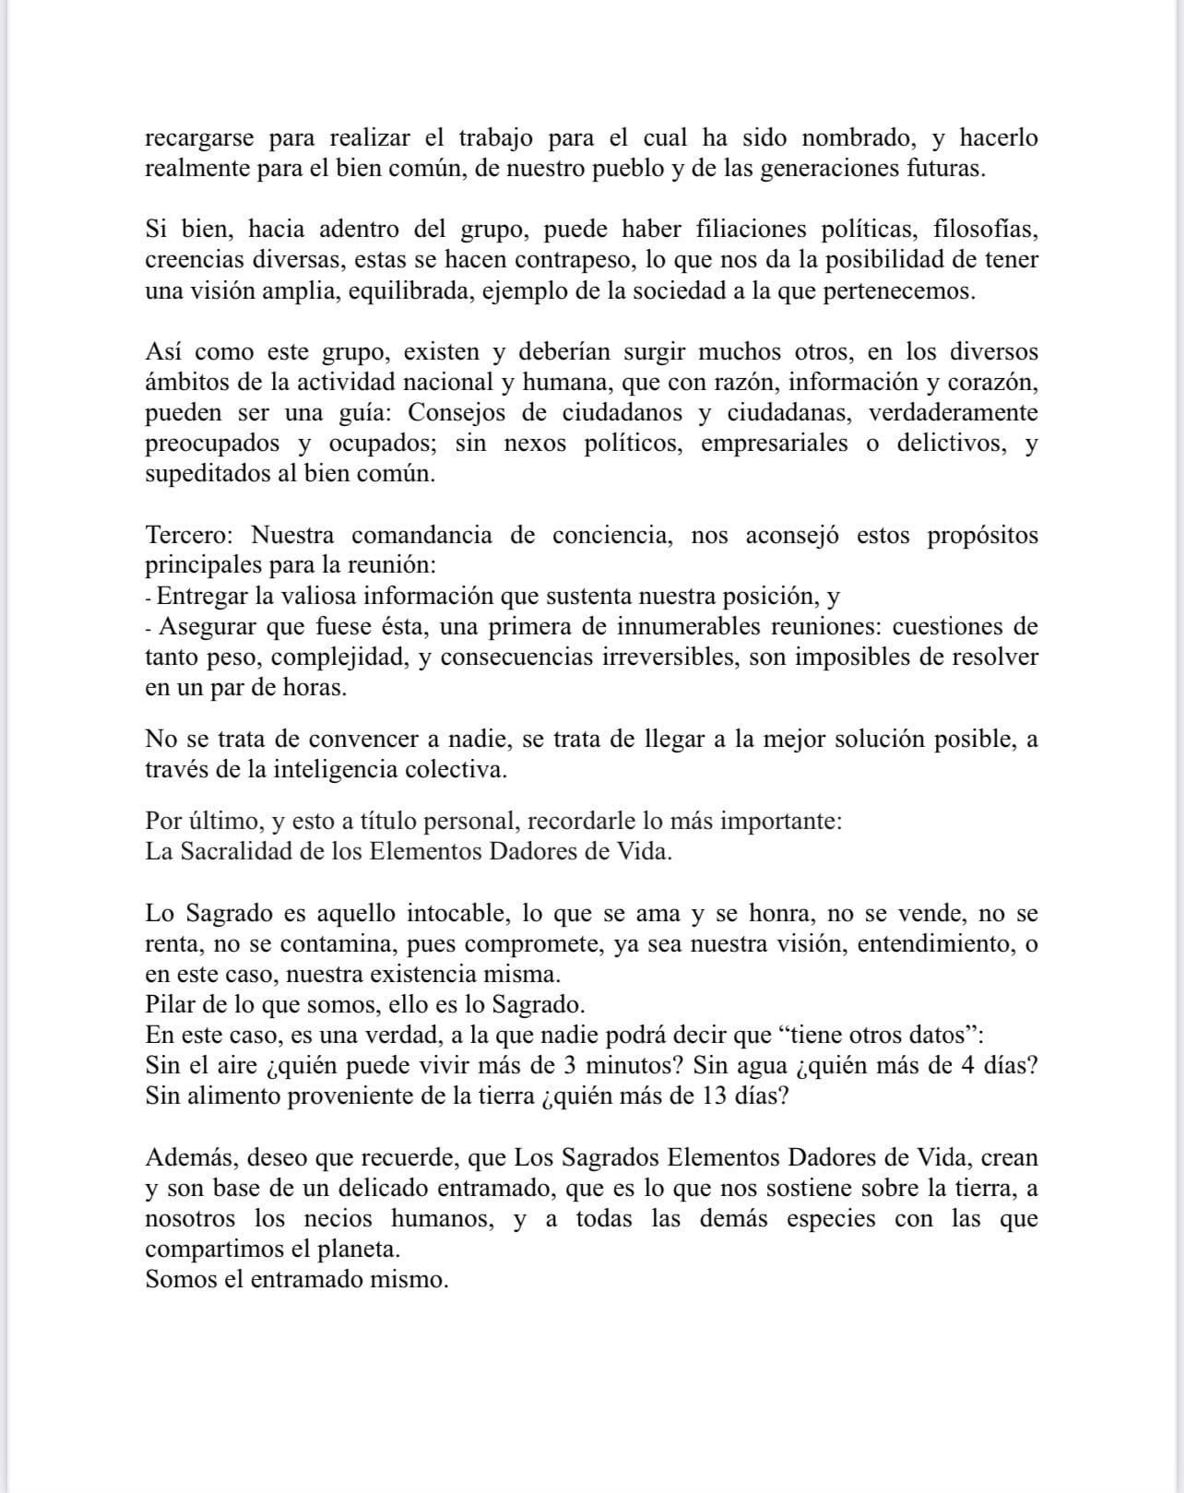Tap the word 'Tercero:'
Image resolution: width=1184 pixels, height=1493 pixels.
tap(188, 536)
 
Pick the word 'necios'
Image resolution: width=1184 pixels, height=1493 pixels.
tap(338, 1219)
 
